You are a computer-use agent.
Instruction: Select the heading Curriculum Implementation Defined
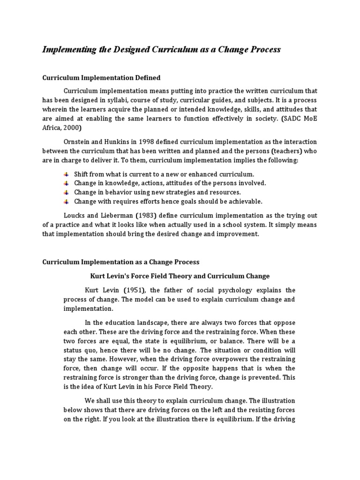point(101,78)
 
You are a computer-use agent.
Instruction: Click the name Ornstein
point(78,142)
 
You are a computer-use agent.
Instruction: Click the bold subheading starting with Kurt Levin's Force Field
point(180,276)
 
